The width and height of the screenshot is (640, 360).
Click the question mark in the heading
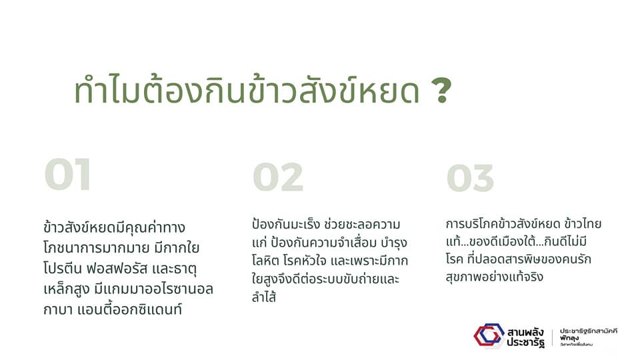pos(441,90)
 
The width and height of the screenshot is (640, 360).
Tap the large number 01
pos(67,174)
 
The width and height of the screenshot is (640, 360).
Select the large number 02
pos(278,177)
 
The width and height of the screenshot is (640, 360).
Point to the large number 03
pos(470,178)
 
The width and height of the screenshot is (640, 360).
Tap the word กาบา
pos(55,309)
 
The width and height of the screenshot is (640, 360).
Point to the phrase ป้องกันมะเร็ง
pos(286,224)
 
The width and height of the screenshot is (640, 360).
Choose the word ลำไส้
pos(264,297)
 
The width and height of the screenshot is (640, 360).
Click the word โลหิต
pos(265,261)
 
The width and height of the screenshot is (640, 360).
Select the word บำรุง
pos(394,243)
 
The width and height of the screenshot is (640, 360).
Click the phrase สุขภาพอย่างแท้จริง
pos(495,277)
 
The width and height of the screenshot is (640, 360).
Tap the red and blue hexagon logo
pos(489,335)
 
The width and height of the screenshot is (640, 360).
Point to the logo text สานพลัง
pos(526,331)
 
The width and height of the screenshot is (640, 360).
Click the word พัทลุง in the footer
pos(569,339)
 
